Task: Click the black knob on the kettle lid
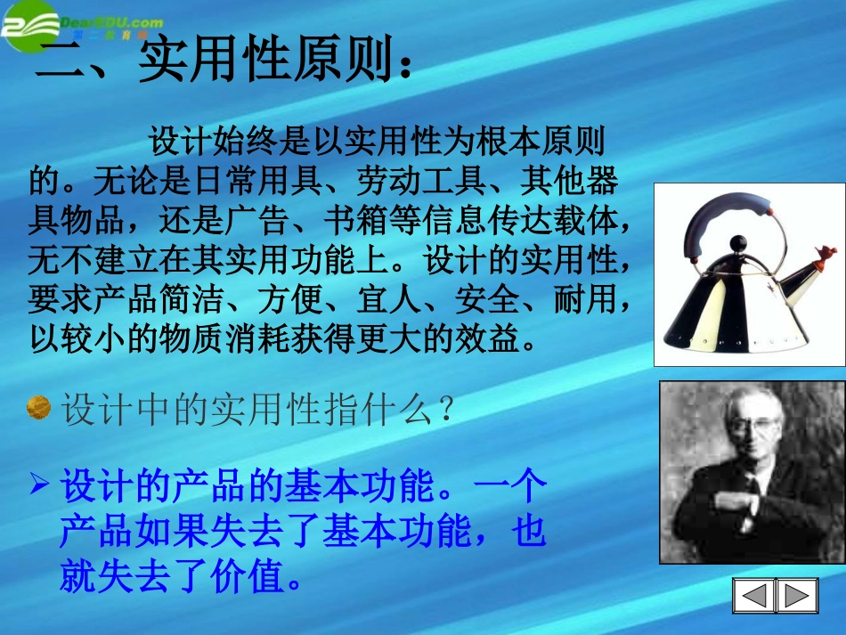[738, 242]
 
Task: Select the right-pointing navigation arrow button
[797, 595]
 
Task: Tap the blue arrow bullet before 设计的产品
[38, 485]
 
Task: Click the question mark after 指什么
[447, 410]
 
